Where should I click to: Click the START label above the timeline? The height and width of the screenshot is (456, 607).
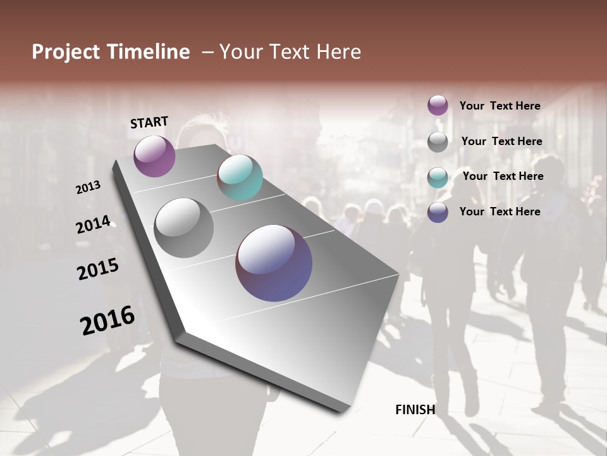pos(149,122)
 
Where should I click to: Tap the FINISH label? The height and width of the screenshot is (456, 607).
pos(415,410)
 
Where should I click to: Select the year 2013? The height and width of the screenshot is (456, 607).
pos(88,187)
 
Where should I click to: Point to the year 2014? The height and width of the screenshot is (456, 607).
pos(93,225)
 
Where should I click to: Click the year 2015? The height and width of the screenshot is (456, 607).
pos(98,269)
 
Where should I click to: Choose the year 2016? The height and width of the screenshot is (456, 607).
pos(107,320)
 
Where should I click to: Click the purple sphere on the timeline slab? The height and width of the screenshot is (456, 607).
pos(154,156)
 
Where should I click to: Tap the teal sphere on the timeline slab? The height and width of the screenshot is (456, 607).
pos(240,177)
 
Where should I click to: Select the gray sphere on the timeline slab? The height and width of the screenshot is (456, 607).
pos(183,228)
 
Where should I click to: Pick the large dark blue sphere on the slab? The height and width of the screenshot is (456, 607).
pos(274,263)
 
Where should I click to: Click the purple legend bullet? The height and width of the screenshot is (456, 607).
pos(438,106)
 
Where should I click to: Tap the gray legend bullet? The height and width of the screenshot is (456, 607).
pos(438,142)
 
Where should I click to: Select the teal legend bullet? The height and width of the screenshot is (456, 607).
pos(438,177)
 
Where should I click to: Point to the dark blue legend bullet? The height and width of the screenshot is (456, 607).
pos(438,212)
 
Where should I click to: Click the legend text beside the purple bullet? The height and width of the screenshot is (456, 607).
pos(500,106)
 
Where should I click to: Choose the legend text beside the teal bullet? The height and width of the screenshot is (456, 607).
pos(503,176)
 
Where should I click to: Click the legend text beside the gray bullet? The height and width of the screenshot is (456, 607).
pos(501,141)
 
